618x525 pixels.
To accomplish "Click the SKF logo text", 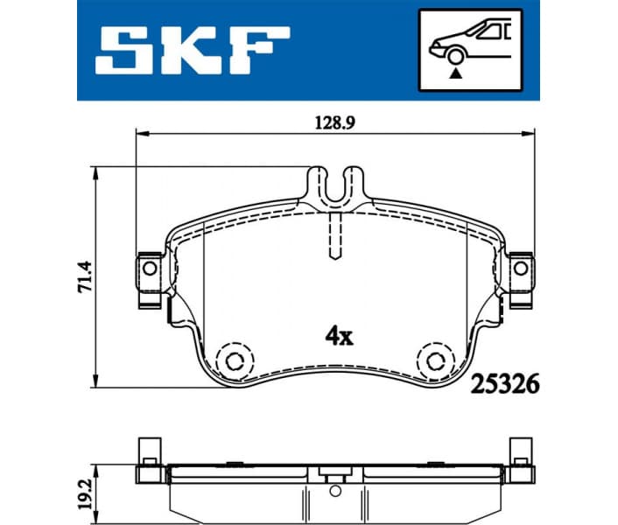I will [x=191, y=49].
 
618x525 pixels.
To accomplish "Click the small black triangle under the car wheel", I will [x=454, y=75].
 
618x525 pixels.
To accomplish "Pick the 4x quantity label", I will [x=338, y=334].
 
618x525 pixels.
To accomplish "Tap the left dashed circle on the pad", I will [x=235, y=360].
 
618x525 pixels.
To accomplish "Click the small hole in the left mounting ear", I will [x=149, y=267].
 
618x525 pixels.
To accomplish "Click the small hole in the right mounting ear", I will [x=522, y=267].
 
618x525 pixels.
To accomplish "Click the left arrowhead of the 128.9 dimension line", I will [x=140, y=134].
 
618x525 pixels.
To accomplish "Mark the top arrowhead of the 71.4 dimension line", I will [x=95, y=172].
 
